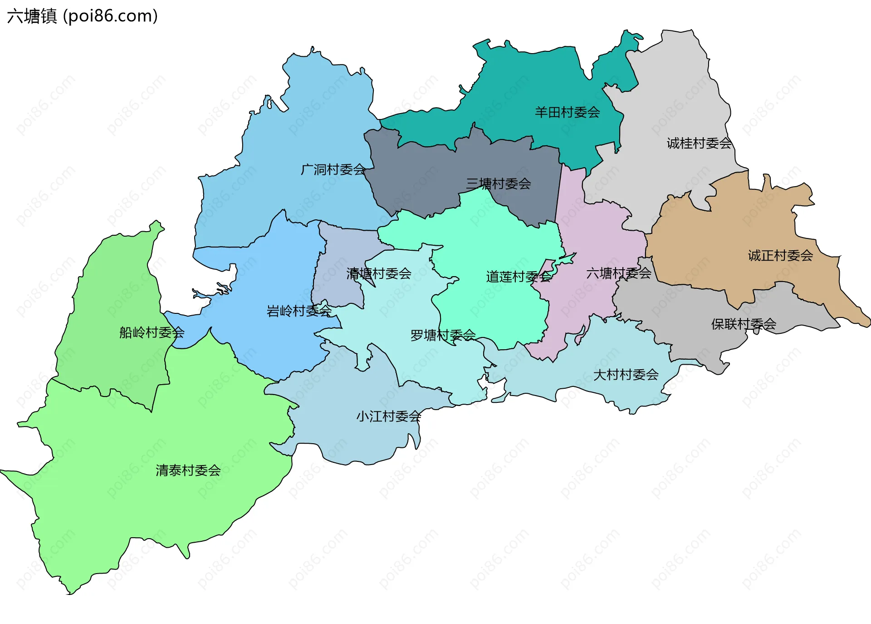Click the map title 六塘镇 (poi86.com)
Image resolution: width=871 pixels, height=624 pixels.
(82, 16)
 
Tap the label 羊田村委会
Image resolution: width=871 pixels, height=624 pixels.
(567, 112)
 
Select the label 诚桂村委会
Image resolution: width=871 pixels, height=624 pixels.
(699, 144)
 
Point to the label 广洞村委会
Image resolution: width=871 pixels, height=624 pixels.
(333, 170)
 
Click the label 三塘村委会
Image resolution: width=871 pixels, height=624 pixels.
(498, 184)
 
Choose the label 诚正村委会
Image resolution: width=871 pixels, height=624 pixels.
(780, 256)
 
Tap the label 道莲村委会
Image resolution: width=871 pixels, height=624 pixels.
(519, 277)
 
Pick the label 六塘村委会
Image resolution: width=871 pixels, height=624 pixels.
(618, 273)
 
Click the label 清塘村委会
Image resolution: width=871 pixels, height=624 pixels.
(379, 273)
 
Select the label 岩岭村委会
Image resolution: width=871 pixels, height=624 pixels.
(299, 311)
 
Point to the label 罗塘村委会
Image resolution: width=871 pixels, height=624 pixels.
(443, 335)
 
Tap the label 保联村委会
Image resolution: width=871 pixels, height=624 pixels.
(744, 324)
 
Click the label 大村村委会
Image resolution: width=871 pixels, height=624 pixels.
(626, 375)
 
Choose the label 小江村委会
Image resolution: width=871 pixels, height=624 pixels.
(388, 416)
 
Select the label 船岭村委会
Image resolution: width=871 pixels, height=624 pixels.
(152, 333)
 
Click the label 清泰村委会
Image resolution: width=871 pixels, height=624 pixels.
(188, 470)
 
